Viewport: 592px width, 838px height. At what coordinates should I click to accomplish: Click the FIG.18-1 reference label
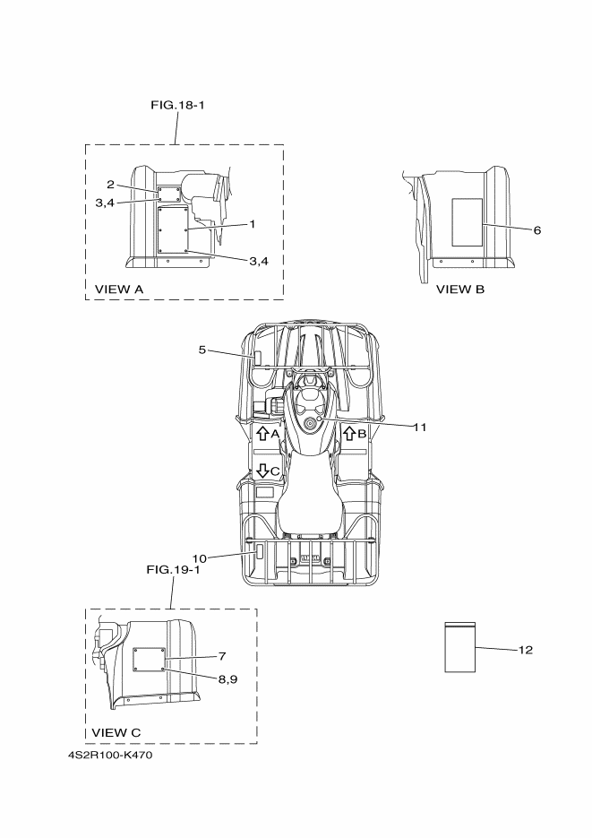176,105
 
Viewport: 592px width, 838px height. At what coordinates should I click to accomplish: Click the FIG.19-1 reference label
173,568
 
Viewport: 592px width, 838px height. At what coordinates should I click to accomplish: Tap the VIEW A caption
119,289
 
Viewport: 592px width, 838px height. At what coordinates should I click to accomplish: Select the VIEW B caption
460,289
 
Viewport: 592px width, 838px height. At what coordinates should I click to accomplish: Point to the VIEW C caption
116,732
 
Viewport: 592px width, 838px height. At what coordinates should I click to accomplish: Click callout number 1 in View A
253,223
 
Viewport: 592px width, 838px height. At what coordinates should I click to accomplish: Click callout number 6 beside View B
536,229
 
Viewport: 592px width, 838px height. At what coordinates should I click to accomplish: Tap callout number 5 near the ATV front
202,350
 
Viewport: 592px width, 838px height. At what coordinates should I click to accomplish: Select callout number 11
419,427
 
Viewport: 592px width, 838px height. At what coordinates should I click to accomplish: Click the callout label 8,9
227,678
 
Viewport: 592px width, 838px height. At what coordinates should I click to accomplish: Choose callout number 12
525,650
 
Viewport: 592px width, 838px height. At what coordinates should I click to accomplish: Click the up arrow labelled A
262,434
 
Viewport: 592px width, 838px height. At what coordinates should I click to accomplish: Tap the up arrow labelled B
349,434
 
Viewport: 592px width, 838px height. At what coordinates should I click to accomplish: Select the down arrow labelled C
262,470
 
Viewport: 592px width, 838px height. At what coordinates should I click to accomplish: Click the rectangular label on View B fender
465,222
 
